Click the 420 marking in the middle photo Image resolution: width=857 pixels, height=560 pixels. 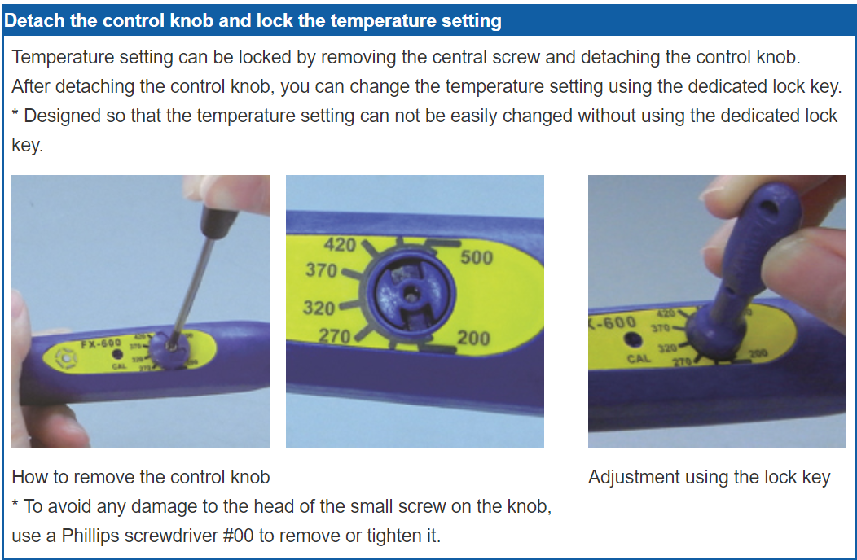pos(341,244)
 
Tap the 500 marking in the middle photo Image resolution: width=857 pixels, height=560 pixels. pos(477,257)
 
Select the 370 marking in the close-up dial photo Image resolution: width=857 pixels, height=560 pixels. pos(321,270)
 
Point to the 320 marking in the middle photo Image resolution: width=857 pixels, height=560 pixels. pos(319,308)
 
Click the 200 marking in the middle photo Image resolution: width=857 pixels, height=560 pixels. pos(473,337)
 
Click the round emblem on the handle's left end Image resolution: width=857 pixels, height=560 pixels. pos(62,357)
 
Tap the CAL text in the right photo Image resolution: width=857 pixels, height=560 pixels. pos(639,358)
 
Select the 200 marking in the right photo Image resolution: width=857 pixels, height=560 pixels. pos(758,353)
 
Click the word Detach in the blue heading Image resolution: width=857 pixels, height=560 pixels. pos(34,20)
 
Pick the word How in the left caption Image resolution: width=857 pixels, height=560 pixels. pos(29,477)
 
